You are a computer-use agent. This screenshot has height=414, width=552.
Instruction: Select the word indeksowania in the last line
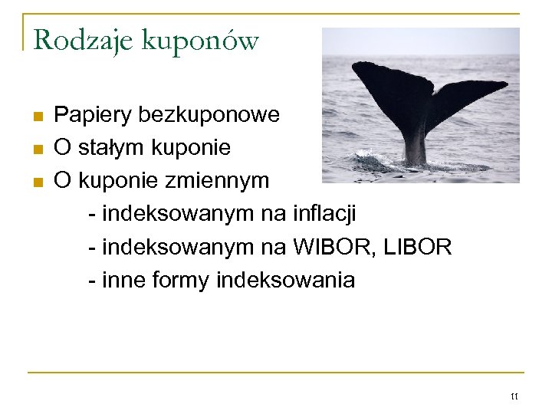click(285, 281)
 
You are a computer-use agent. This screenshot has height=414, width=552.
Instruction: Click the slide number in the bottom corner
click(514, 396)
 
